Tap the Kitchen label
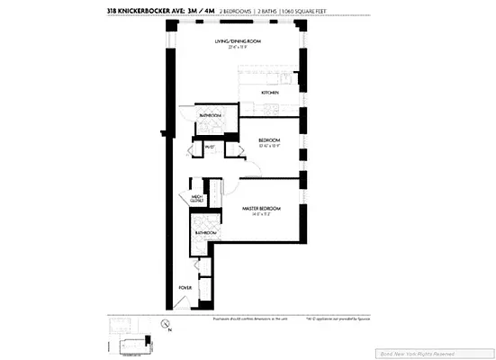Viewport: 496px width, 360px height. click(270, 93)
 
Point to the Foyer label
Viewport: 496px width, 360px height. click(185, 289)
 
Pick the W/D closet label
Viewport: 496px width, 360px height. click(209, 147)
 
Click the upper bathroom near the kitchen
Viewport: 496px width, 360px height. click(212, 115)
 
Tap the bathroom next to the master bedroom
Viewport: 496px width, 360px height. click(206, 233)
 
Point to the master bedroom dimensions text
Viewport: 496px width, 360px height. click(262, 214)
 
